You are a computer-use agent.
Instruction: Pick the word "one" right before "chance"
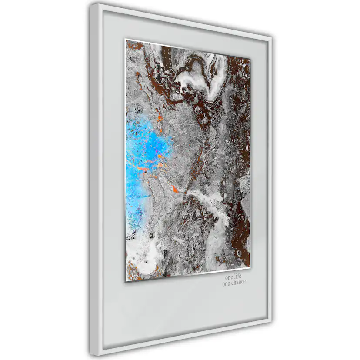pyautogui.click(x=227, y=283)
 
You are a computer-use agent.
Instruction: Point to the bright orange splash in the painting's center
pyautogui.click(x=175, y=189)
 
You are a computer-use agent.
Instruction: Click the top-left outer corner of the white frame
pyautogui.click(x=92, y=4)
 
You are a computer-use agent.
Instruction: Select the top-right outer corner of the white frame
pyautogui.click(x=272, y=38)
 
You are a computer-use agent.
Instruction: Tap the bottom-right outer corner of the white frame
pyautogui.click(x=272, y=323)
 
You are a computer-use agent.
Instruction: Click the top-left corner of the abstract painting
pyautogui.click(x=126, y=40)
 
